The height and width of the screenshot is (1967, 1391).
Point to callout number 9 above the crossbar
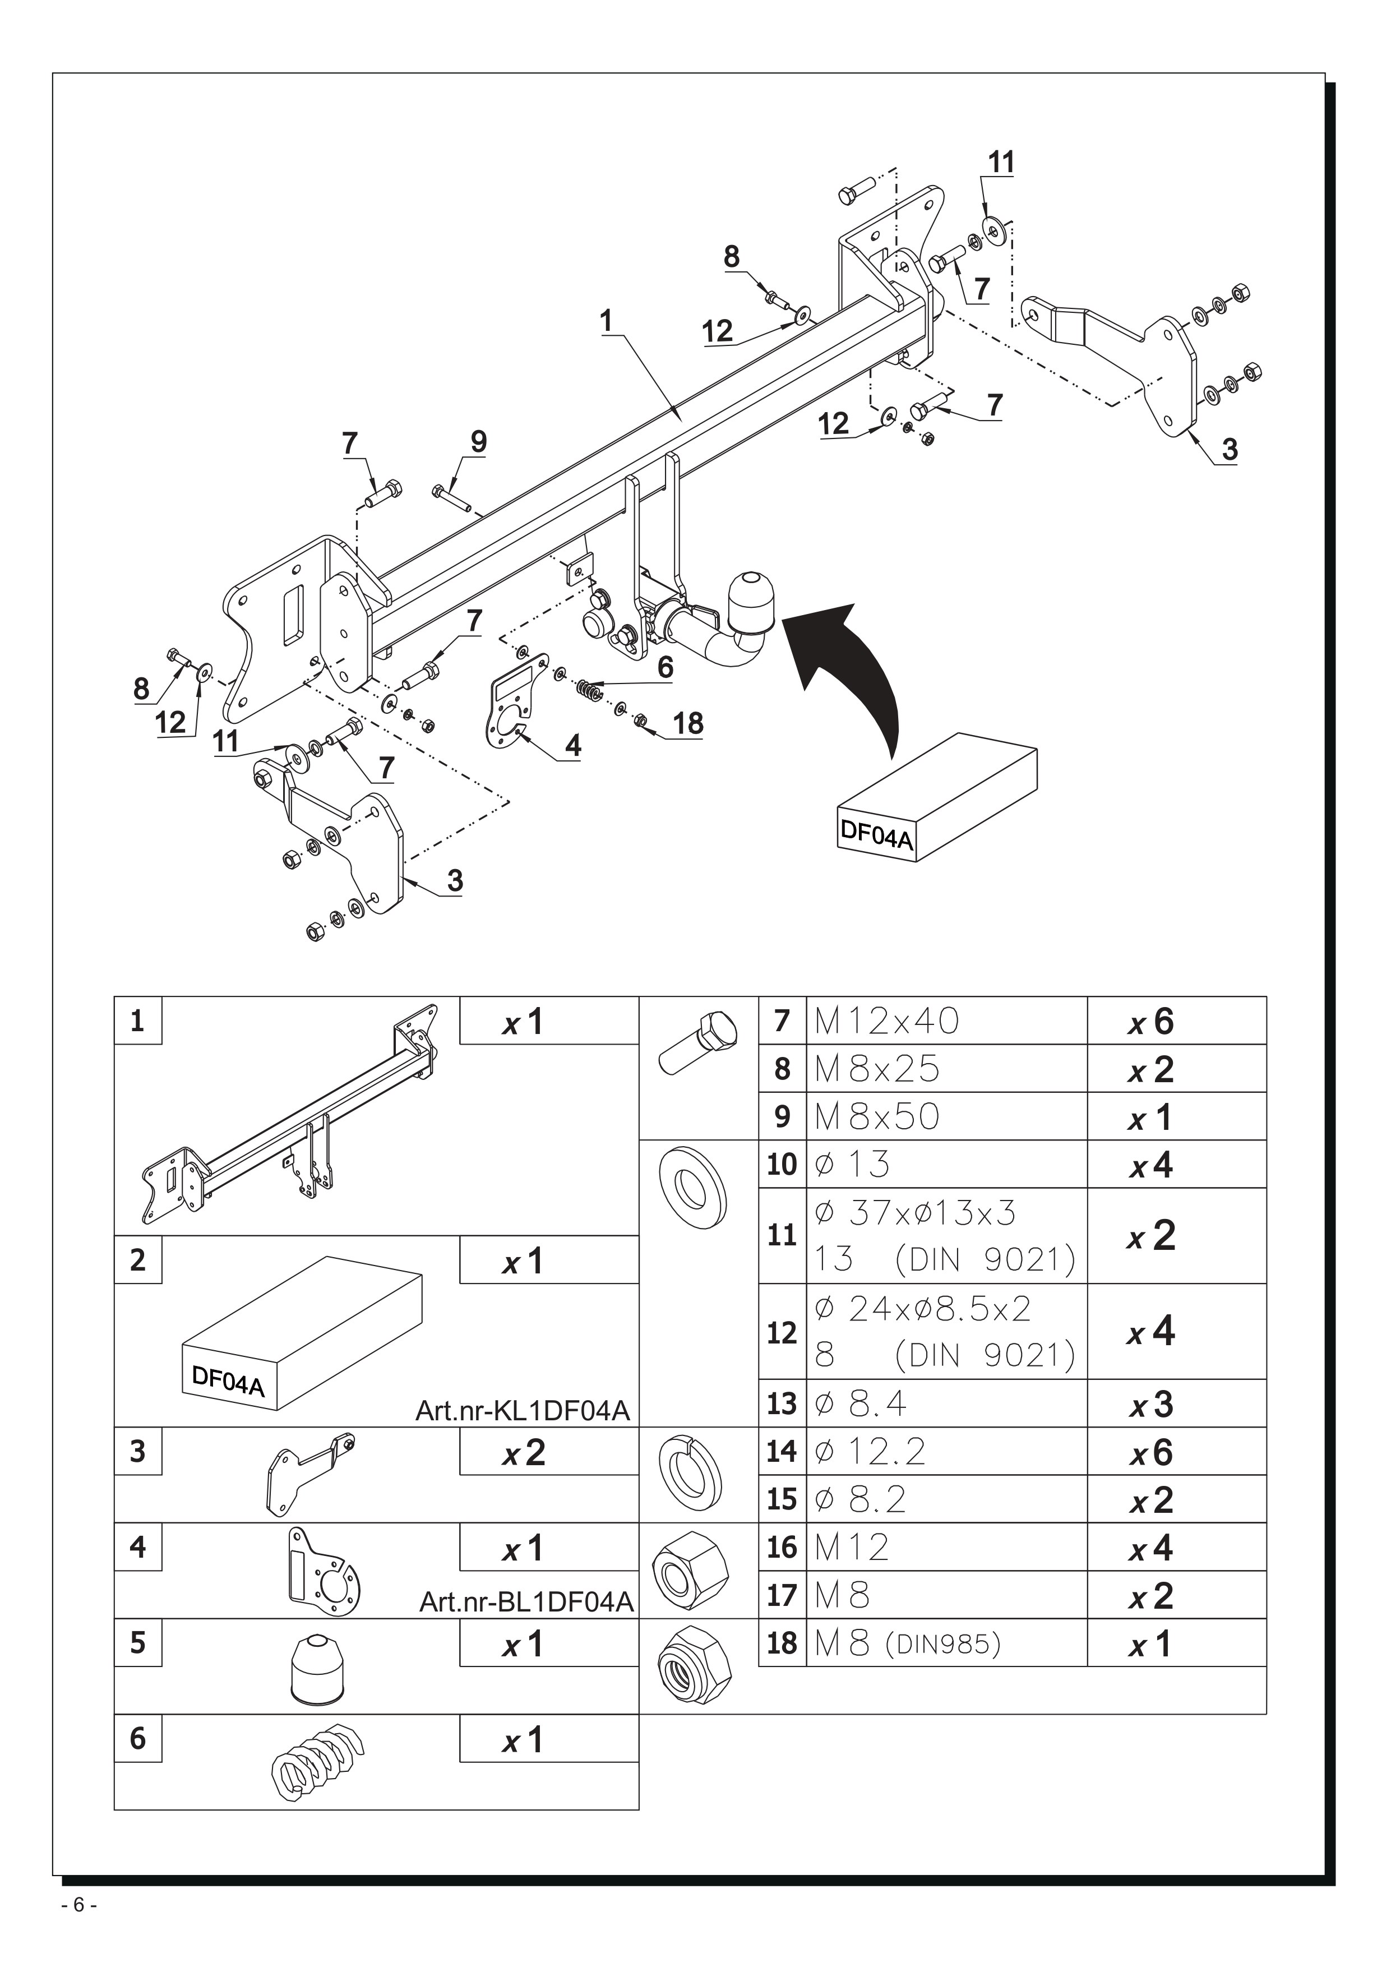(479, 442)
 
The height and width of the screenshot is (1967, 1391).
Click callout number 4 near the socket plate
(573, 745)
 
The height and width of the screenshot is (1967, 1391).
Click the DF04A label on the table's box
(228, 1380)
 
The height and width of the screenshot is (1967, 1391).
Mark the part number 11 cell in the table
(782, 1235)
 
